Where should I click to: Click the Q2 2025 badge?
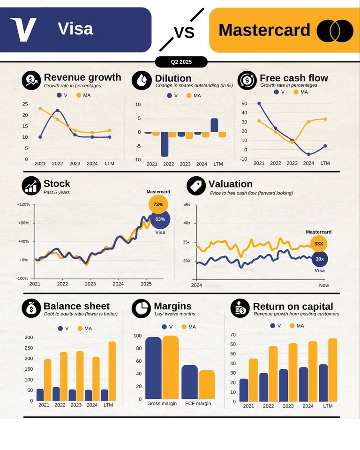(x=181, y=62)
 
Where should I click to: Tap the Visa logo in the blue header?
(x=23, y=30)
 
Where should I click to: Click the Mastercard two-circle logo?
(x=335, y=30)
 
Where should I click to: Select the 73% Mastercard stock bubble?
(x=158, y=204)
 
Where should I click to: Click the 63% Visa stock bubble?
(x=160, y=219)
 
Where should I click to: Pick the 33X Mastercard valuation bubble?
(x=319, y=244)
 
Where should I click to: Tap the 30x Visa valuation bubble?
(x=319, y=259)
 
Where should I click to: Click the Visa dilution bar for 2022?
(x=165, y=144)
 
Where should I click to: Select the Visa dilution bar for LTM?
(x=214, y=125)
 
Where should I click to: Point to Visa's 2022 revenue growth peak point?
(x=57, y=111)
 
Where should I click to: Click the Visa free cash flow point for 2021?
(x=259, y=103)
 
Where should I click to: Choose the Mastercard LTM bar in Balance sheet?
(x=112, y=371)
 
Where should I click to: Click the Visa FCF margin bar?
(x=189, y=382)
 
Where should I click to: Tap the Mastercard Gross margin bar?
(x=170, y=367)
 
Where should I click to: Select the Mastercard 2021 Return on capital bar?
(x=253, y=380)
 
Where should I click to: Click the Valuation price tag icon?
(x=196, y=186)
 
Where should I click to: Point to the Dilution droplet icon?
(x=141, y=80)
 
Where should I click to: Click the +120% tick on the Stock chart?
(x=23, y=204)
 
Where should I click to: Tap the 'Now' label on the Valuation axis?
(x=324, y=285)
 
